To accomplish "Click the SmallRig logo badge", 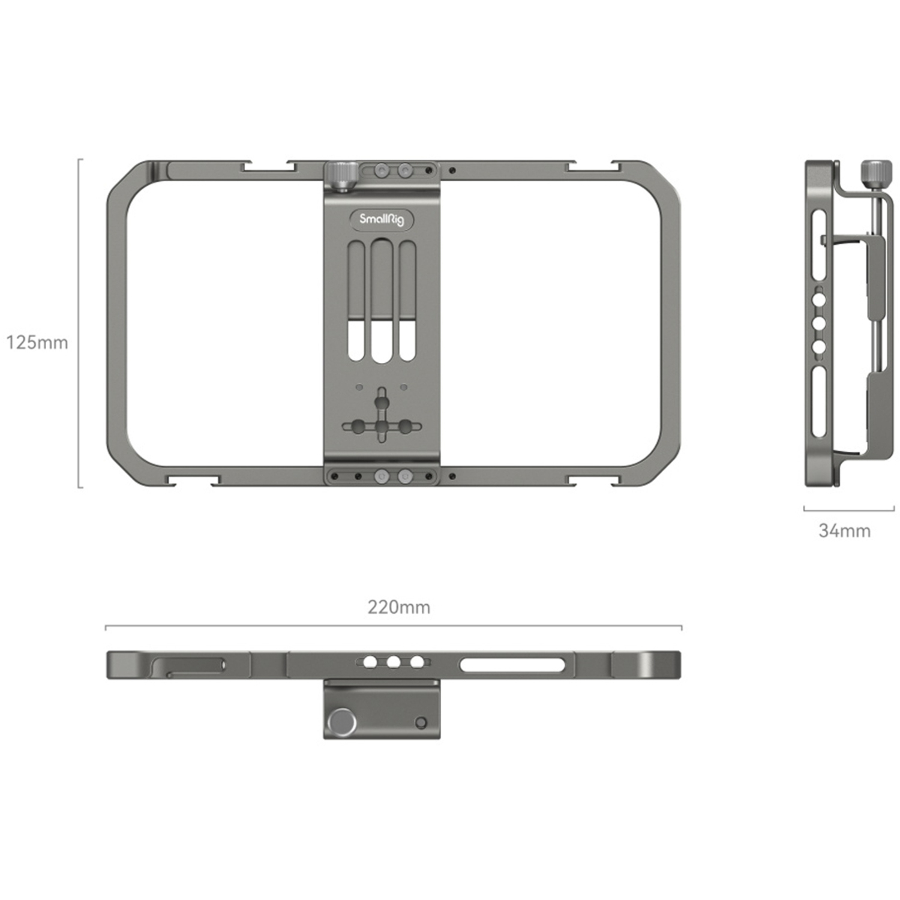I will [382, 219].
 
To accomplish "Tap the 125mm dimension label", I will [37, 343].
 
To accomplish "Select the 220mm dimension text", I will [399, 607].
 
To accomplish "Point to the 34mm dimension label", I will [844, 530].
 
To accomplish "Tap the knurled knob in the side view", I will [876, 174].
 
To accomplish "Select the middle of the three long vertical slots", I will [382, 300].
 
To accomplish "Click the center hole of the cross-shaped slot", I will [382, 427].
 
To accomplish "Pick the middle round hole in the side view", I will [819, 323].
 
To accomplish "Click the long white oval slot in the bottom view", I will [512, 665].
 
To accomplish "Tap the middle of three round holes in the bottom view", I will [394, 662].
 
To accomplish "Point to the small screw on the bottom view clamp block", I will [421, 722].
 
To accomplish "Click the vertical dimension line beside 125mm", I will [79, 324].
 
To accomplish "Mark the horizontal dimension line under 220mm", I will [393, 627].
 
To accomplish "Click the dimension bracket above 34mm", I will [848, 511].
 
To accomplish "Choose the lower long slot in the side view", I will [819, 402].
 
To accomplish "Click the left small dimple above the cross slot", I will [359, 388].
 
